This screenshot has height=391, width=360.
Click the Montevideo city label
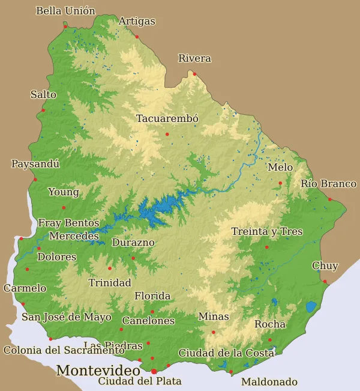click(98, 371)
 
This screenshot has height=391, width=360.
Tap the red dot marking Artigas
click(137, 37)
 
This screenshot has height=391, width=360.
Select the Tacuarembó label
click(167, 118)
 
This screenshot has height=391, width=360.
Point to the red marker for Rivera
click(194, 74)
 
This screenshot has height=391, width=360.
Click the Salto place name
click(43, 94)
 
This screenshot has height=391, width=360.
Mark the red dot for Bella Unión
click(65, 26)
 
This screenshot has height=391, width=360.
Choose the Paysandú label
click(35, 163)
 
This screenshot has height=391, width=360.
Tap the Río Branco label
click(328, 183)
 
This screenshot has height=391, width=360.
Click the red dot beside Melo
click(280, 183)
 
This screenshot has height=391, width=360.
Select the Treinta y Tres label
click(267, 231)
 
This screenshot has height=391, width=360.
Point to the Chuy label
click(325, 265)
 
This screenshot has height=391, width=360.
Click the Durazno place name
click(133, 243)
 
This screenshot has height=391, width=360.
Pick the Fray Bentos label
click(68, 223)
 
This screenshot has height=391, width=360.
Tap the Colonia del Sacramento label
click(64, 350)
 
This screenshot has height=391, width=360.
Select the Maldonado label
click(269, 381)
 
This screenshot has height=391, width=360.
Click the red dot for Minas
click(213, 332)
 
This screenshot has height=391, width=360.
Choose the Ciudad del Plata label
click(139, 381)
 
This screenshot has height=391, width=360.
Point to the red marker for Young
click(64, 208)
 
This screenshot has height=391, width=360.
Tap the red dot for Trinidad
click(110, 268)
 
